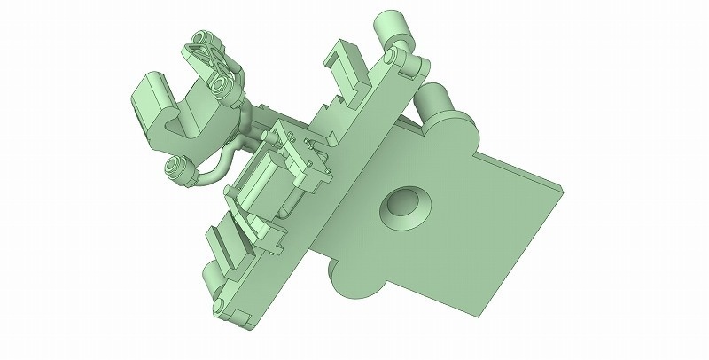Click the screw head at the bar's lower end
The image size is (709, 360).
pos(215,307)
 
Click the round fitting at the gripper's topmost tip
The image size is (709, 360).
pos(200,41)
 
